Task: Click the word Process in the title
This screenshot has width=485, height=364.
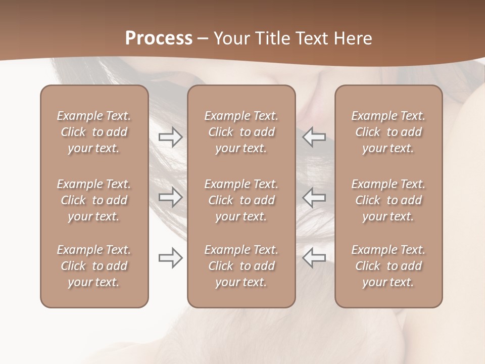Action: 159,38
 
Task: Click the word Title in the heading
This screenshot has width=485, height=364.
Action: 273,38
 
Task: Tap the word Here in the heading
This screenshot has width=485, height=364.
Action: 353,38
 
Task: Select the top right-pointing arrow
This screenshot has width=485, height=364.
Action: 170,137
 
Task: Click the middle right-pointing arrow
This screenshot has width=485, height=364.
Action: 170,198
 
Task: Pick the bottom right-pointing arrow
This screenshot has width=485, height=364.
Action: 170,258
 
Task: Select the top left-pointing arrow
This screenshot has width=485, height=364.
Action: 314,137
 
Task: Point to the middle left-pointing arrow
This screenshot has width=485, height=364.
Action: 314,198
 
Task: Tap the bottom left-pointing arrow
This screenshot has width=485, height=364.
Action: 314,258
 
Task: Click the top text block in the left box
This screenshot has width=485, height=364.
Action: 94,132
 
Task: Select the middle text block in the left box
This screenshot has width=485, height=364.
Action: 94,200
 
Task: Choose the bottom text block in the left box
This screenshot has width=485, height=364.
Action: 94,266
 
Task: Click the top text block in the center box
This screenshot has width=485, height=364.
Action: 241,132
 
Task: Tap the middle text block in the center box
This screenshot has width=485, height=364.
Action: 241,200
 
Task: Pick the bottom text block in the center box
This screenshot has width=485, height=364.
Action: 241,266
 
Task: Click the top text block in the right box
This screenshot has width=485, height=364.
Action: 389,132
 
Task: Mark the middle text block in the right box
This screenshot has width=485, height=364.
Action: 389,200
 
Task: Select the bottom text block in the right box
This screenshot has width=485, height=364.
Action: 389,266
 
